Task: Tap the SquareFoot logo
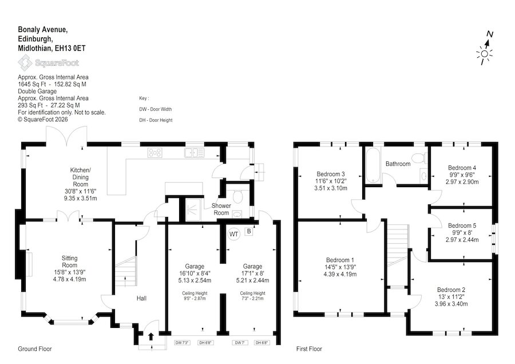(x=48, y=63)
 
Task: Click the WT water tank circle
(x=233, y=234)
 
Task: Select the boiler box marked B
(x=249, y=231)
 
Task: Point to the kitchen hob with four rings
(x=154, y=152)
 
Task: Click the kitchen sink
(x=194, y=153)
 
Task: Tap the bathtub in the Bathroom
(x=373, y=165)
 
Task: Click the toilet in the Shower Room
(x=237, y=196)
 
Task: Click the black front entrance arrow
(x=151, y=337)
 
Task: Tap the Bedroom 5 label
(x=462, y=225)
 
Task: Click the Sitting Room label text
(x=70, y=262)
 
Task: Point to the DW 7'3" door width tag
(x=183, y=343)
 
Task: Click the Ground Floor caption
(x=35, y=349)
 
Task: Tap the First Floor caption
(x=309, y=349)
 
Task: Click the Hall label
(x=141, y=298)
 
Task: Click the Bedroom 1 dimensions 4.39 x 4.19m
(x=340, y=274)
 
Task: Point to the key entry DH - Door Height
(x=156, y=120)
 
